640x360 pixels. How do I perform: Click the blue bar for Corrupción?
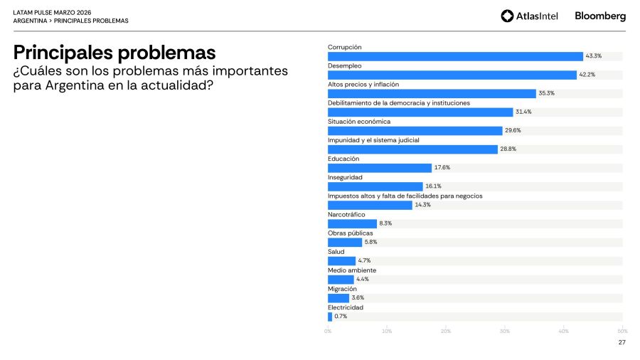455,56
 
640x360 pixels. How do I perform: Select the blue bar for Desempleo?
452,75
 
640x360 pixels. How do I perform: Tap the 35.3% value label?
546,93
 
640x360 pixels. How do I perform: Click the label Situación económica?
359,121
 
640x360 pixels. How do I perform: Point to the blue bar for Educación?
380,168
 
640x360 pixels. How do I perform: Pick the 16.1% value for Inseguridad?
433,186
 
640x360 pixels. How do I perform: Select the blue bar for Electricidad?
330,317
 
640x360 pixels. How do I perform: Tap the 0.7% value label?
341,317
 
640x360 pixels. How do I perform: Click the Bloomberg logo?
600,16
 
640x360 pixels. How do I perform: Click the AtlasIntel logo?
530,16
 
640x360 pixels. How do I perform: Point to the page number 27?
622,342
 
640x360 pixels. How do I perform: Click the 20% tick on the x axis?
446,331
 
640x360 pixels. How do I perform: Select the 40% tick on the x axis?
563,331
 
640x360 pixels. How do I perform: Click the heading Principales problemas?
114,52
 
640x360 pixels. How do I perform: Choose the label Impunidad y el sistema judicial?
373,140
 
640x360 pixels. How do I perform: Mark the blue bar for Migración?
338,298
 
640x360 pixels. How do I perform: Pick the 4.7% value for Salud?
364,261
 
